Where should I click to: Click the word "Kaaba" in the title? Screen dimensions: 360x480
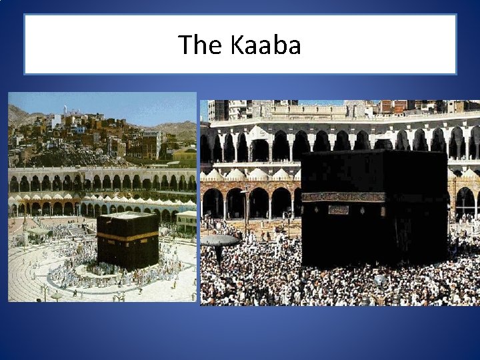click(266, 45)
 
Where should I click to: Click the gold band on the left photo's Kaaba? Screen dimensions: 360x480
click(127, 237)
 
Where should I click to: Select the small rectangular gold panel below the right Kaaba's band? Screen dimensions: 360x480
click(338, 209)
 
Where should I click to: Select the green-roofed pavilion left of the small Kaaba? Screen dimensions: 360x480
click(39, 231)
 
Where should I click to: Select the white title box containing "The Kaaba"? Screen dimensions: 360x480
click(240, 45)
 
